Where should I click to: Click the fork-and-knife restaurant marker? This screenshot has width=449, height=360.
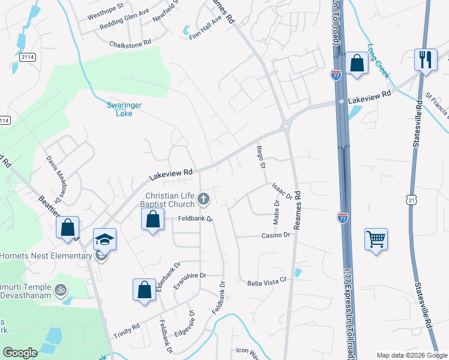(426, 60)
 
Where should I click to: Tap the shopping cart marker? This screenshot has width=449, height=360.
(376, 239)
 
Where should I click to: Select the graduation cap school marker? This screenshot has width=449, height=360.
(104, 240)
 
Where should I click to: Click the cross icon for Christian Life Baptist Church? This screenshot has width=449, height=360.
(204, 199)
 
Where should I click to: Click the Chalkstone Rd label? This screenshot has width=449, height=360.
(130, 44)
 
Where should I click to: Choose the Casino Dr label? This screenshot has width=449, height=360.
(276, 235)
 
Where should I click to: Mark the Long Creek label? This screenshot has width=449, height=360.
(379, 61)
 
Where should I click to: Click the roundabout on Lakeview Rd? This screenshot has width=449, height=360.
(286, 125)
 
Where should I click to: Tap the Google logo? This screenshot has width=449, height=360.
(20, 353)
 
